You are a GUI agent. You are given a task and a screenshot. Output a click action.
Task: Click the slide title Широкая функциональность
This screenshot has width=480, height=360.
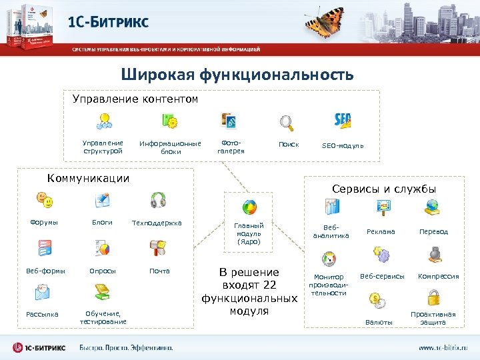click(x=237, y=75)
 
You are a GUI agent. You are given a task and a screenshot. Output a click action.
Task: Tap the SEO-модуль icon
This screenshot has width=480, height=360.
click(x=343, y=121)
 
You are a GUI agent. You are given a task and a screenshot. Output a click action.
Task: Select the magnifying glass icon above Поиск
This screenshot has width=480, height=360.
click(x=287, y=122)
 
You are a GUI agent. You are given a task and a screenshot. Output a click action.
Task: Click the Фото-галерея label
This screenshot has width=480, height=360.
click(x=231, y=147)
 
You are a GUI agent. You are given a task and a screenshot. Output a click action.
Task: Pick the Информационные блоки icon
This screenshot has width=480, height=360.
click(x=170, y=121)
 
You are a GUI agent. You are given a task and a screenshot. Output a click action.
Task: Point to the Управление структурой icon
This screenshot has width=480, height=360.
click(x=103, y=121)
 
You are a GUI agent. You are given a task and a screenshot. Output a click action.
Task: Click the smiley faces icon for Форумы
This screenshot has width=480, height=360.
click(x=43, y=199)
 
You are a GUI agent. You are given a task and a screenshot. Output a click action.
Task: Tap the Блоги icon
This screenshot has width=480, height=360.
click(x=103, y=199)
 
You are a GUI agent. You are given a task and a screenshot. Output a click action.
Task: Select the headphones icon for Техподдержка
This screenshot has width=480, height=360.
click(x=158, y=199)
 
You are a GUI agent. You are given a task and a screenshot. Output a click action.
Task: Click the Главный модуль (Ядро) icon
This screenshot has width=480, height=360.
click(x=249, y=206)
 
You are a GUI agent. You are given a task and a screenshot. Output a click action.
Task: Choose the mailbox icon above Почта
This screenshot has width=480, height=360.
click(x=158, y=247)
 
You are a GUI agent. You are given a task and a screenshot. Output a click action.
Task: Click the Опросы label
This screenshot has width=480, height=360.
click(x=103, y=271)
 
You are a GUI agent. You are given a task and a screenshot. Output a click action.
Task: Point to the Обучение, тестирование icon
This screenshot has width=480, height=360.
click(x=103, y=291)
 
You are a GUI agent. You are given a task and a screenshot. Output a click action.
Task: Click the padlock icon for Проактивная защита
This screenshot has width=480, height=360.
click(x=433, y=297)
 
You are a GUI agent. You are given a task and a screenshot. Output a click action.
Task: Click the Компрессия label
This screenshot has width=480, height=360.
click(x=438, y=276)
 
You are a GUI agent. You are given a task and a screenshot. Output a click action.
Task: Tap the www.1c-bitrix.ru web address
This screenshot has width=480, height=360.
click(x=443, y=347)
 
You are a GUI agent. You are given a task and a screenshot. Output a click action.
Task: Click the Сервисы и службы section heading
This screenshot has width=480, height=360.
click(x=384, y=189)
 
